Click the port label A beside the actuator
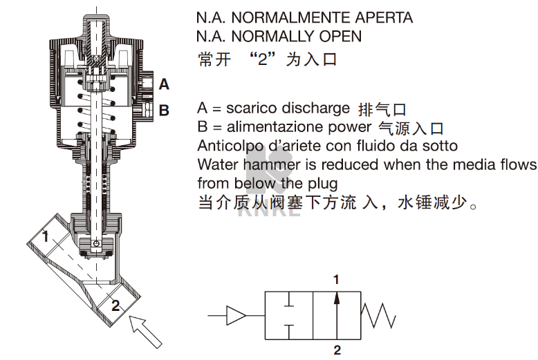pyautogui.click(x=164, y=84)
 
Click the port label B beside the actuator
pyautogui.click(x=164, y=109)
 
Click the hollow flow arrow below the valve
pyautogui.click(x=146, y=330)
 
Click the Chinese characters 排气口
pyautogui.click(x=380, y=109)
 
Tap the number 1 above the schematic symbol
pyautogui.click(x=337, y=280)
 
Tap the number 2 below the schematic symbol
pyautogui.click(x=337, y=351)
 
